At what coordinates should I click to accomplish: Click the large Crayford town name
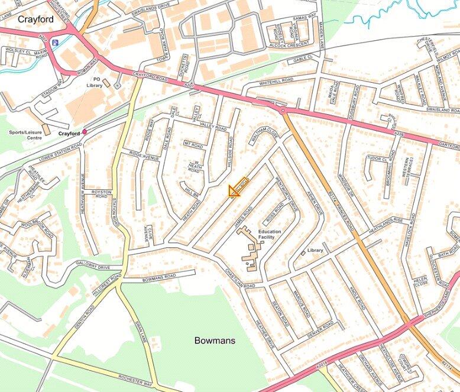(35, 19)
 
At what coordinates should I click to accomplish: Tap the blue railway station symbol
(55, 42)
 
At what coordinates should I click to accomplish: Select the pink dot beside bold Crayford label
(85, 132)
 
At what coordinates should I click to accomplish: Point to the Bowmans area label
(215, 341)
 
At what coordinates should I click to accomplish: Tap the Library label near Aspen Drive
(315, 250)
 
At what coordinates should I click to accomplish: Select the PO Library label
(94, 82)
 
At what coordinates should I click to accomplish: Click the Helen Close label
(421, 280)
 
